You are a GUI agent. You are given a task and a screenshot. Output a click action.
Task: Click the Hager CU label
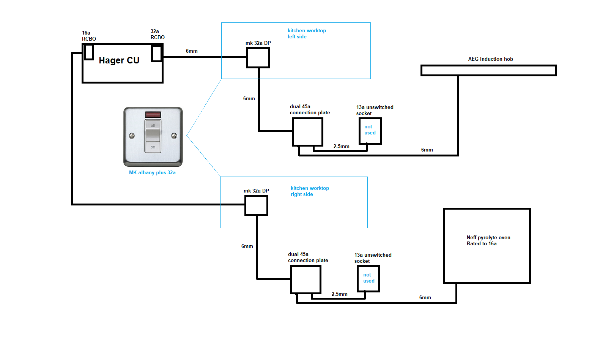(x=119, y=60)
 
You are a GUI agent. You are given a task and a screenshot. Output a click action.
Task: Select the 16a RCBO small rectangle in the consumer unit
(x=89, y=52)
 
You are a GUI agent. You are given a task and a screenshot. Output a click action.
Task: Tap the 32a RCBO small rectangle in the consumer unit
(x=156, y=54)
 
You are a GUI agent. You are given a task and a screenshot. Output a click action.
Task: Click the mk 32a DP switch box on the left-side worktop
(x=258, y=58)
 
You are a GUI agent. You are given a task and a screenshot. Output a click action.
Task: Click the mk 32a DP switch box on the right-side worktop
(x=256, y=205)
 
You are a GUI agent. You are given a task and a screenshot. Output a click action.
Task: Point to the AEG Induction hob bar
(x=488, y=71)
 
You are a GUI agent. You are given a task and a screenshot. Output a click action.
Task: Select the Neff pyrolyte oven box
(x=487, y=246)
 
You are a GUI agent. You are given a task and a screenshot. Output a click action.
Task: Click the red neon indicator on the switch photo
(x=153, y=115)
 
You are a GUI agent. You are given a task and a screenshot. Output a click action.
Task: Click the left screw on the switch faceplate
(x=132, y=136)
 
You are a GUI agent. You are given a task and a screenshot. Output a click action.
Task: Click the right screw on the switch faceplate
(x=174, y=136)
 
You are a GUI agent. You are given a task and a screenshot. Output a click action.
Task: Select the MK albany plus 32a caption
(x=152, y=172)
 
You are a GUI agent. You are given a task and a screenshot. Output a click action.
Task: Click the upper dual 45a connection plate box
(x=307, y=132)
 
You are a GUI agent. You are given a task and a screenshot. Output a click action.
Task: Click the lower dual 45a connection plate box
(x=306, y=279)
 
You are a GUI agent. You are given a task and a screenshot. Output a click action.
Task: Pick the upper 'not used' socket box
(x=370, y=131)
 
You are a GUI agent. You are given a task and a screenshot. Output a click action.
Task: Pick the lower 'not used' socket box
(x=368, y=278)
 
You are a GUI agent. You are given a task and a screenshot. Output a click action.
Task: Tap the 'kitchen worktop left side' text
(x=307, y=33)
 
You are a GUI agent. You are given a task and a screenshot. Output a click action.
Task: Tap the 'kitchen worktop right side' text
(x=310, y=191)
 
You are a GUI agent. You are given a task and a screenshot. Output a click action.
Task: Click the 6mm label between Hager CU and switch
(x=192, y=51)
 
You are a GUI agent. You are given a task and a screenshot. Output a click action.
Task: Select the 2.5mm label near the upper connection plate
(x=341, y=146)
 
